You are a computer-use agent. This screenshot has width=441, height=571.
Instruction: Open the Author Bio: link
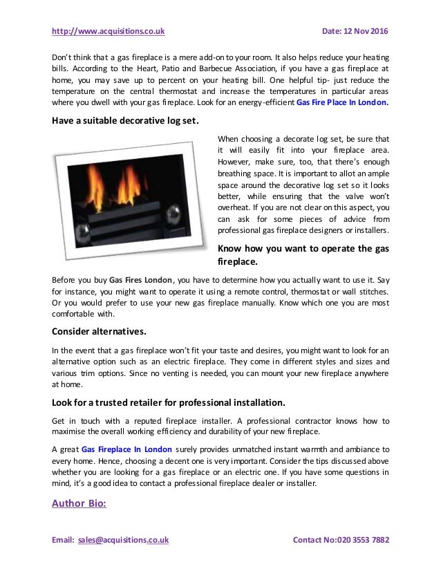coord(79,503)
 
